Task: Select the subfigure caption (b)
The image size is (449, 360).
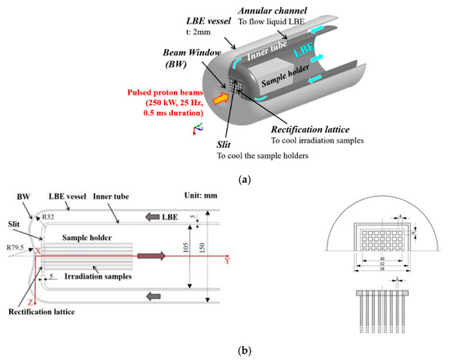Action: [225, 349]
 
